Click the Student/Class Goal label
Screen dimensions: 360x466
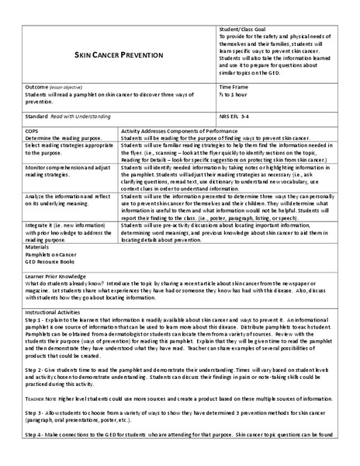244,28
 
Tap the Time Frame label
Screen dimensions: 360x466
234,88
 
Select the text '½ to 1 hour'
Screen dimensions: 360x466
234,95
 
